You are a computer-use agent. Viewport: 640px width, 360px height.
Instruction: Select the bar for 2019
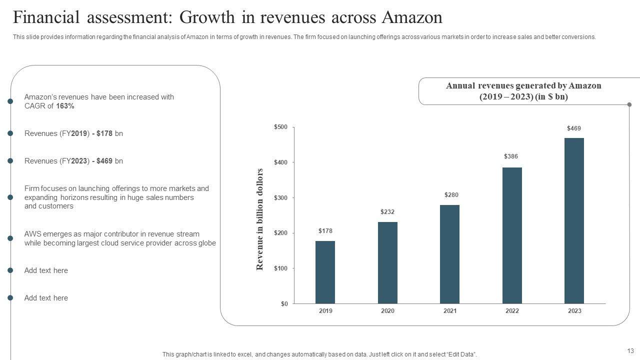(325, 272)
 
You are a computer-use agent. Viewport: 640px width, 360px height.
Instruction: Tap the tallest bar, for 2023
(574, 220)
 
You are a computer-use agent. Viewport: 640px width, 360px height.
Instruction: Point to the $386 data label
(511, 156)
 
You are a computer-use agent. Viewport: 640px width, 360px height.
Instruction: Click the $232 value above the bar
(387, 212)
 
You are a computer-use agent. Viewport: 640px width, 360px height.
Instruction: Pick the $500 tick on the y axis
(280, 127)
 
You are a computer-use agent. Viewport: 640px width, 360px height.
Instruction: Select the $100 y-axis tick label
(280, 268)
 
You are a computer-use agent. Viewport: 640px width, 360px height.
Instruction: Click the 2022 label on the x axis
(512, 311)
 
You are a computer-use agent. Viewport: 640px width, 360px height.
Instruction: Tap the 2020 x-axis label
(387, 311)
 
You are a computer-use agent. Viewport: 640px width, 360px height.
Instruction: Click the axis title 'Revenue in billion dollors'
(259, 219)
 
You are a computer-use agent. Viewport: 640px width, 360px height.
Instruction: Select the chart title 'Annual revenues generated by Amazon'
(523, 86)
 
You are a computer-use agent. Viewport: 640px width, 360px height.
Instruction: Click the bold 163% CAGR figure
(65, 106)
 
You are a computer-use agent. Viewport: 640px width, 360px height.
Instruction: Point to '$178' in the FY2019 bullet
(104, 133)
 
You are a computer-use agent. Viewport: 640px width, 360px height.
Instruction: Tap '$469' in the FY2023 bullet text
(104, 161)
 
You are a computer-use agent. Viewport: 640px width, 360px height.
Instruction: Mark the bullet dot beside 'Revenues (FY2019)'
(10, 133)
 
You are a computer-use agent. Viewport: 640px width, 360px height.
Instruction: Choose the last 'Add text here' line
(46, 298)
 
